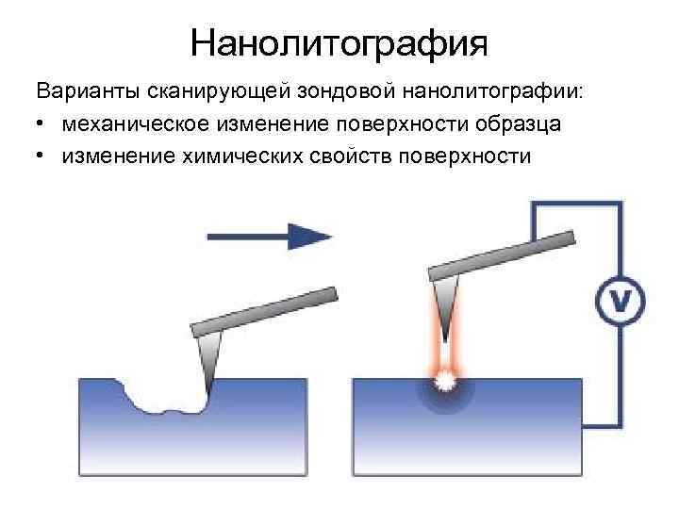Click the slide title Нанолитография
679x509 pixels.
(339, 42)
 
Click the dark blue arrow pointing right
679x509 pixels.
(269, 236)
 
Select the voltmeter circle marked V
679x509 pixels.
(621, 302)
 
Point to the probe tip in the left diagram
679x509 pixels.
(209, 363)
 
